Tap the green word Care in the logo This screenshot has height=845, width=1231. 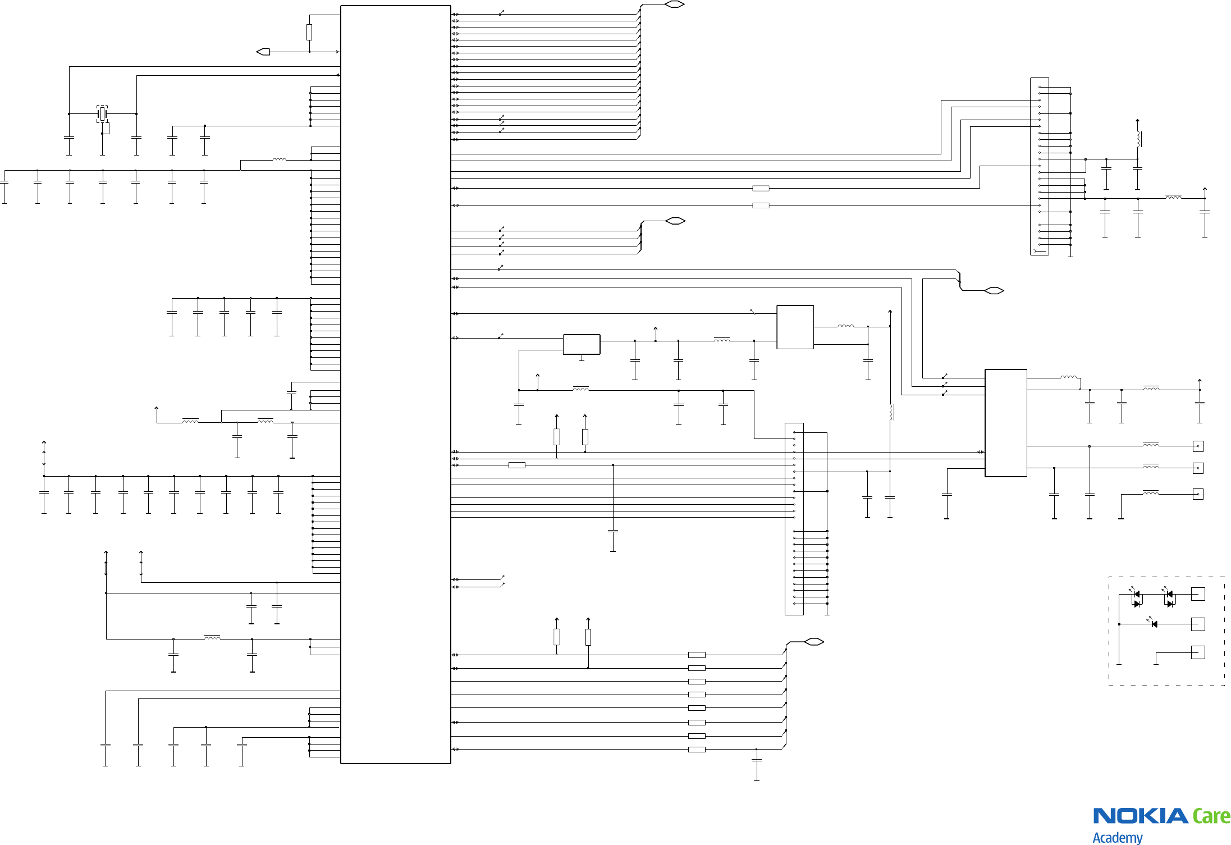1211,816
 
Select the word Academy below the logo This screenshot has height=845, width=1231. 1117,837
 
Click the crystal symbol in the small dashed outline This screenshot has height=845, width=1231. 102,114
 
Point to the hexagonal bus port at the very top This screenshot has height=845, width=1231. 674,4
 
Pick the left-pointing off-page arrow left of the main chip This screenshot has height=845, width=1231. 263,52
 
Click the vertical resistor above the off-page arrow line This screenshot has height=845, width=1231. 309,32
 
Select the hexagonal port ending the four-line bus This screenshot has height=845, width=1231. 675,221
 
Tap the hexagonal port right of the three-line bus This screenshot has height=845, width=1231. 994,290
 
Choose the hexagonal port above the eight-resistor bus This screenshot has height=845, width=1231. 814,642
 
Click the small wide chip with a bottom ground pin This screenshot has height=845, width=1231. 582,344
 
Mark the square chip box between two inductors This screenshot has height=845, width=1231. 795,327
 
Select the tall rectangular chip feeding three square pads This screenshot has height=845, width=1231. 1006,423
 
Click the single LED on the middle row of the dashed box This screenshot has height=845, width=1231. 1154,624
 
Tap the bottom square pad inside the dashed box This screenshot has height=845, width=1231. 1197,652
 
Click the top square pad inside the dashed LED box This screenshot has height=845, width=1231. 1197,594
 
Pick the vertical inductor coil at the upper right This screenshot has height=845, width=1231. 1138,139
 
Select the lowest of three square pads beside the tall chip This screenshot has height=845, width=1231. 1198,494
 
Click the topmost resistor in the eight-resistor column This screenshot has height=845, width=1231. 697,655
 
